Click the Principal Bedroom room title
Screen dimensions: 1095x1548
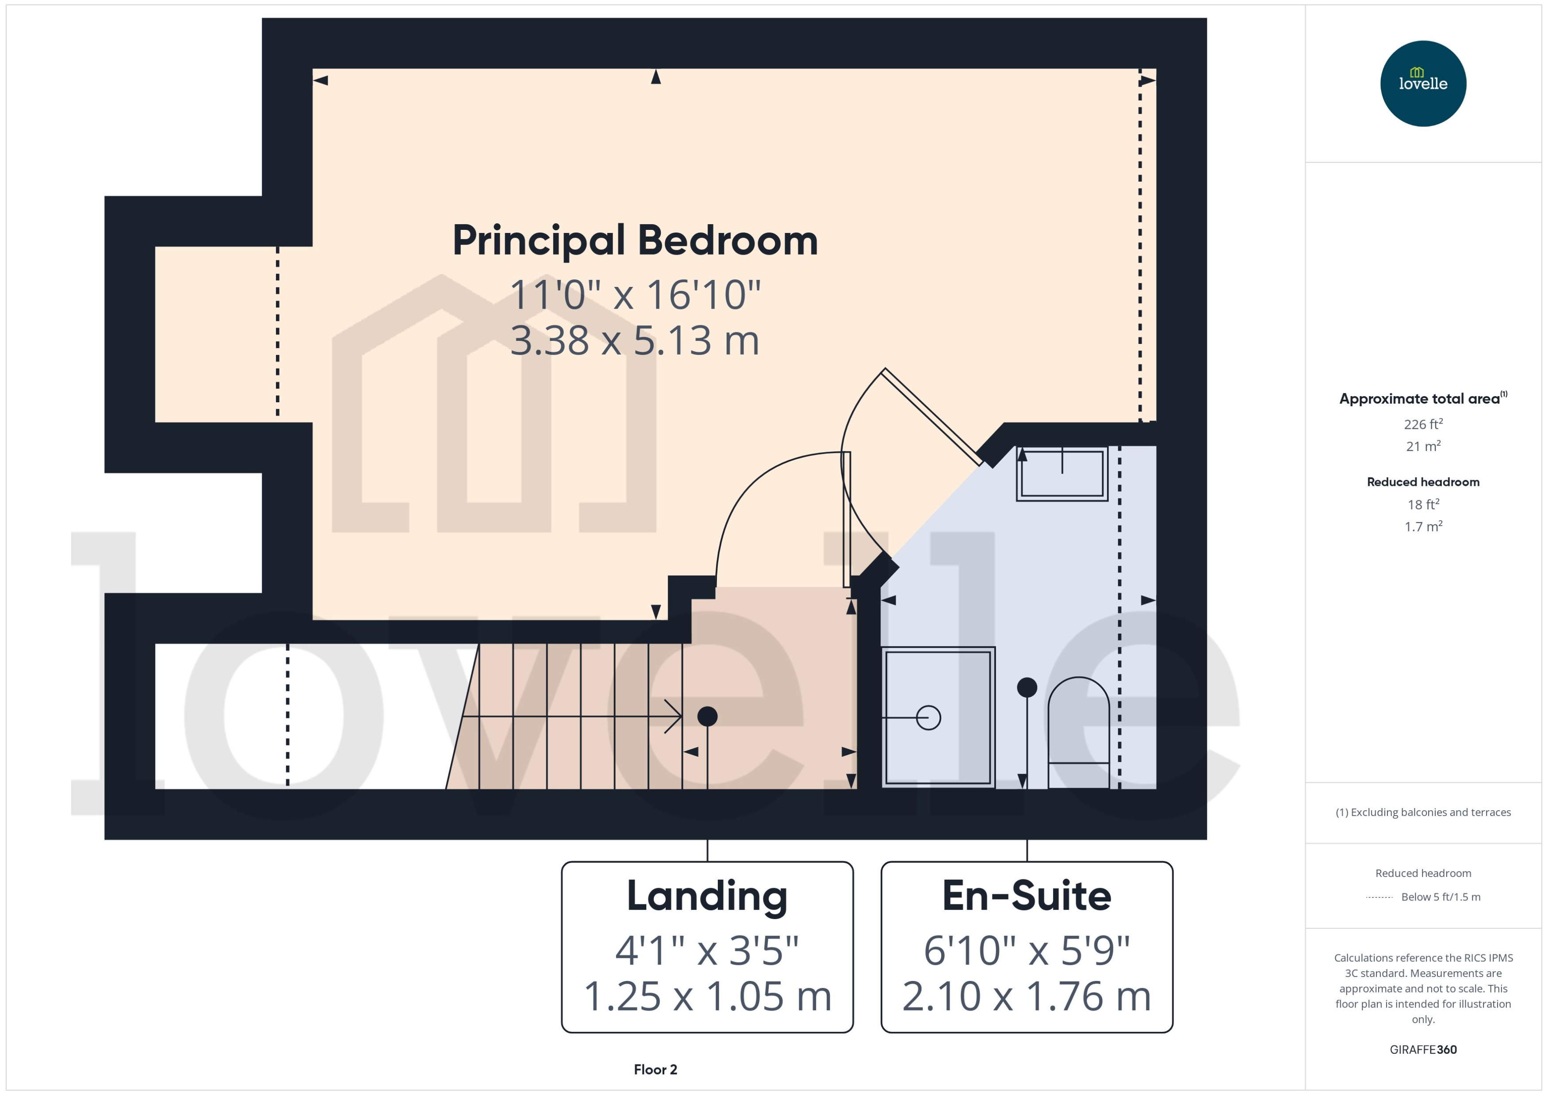[635, 241]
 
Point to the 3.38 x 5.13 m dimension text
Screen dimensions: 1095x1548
[635, 340]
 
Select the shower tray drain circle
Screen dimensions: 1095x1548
[928, 717]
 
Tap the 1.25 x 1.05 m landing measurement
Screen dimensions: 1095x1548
[707, 996]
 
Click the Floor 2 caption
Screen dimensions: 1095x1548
[655, 1069]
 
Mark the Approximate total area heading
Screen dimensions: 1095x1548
[1420, 398]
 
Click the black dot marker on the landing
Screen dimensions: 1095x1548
[707, 716]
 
